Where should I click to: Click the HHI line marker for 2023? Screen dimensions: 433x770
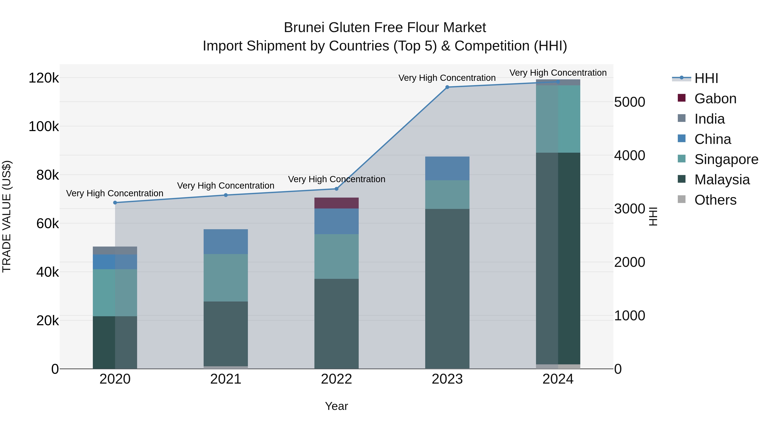(x=447, y=87)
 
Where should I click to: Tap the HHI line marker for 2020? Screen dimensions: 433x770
(x=115, y=203)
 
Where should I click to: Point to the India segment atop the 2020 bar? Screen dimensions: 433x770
(x=115, y=250)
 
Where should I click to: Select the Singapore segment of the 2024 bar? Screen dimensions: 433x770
(x=558, y=119)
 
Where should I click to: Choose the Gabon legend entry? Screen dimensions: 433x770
(x=715, y=99)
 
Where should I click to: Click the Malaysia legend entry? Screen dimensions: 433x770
(x=722, y=180)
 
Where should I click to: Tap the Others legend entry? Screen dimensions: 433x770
(x=715, y=200)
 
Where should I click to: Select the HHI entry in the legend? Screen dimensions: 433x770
(x=706, y=78)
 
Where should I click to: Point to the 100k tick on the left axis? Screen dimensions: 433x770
(x=44, y=126)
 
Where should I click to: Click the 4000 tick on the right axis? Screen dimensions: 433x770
(x=629, y=155)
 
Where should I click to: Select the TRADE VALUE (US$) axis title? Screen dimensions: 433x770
(x=7, y=216)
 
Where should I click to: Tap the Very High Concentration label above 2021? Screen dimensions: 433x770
(x=226, y=186)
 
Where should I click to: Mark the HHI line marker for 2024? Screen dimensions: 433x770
(x=558, y=82)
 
